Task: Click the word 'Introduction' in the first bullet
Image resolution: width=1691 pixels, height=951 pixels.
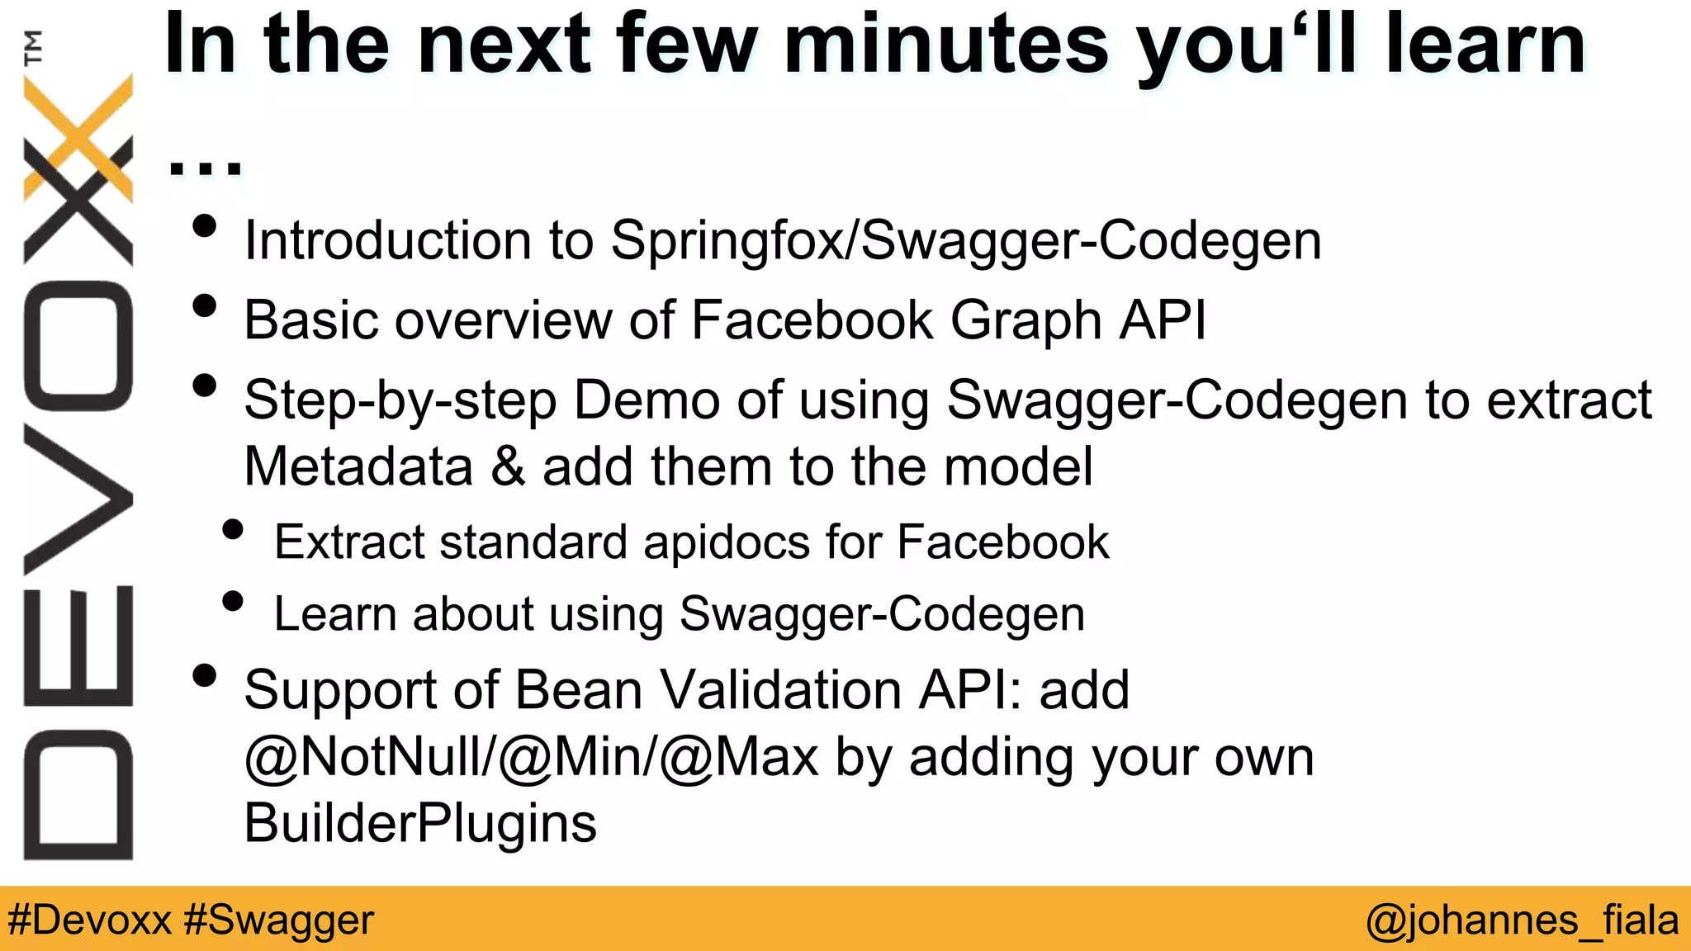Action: (x=388, y=240)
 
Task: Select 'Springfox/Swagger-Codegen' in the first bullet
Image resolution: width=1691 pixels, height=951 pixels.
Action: (x=965, y=242)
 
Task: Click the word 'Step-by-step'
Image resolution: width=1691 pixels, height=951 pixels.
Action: (x=400, y=401)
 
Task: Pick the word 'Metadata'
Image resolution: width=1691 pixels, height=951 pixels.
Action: (x=358, y=466)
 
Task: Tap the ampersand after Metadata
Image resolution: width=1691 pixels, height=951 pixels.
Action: (x=508, y=466)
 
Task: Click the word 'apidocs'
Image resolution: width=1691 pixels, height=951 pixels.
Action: (x=727, y=543)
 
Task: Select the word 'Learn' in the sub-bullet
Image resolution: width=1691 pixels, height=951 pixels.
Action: (x=335, y=614)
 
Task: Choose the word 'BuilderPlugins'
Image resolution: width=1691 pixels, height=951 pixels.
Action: (x=420, y=824)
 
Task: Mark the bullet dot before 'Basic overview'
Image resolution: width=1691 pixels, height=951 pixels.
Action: (x=204, y=306)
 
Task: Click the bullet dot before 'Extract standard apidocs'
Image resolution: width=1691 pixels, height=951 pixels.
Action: (x=234, y=529)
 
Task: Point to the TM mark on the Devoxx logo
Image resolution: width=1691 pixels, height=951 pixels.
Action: (x=33, y=47)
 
